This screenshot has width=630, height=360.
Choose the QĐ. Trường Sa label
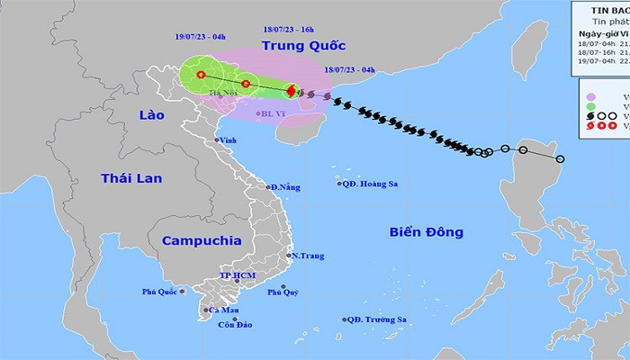[381, 319]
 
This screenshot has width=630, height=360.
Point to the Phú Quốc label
[159, 292]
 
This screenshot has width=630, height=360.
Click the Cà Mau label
[223, 310]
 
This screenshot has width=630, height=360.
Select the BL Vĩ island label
[274, 113]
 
